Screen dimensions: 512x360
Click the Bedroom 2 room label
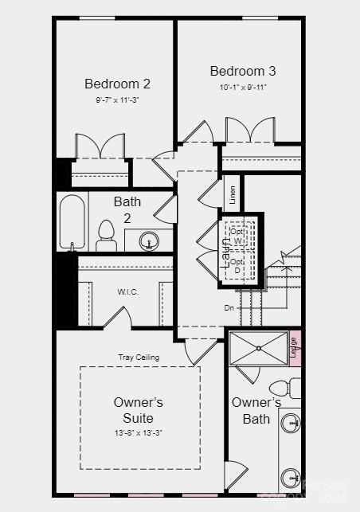click(x=117, y=84)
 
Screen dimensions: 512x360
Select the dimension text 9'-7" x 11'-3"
click(x=117, y=100)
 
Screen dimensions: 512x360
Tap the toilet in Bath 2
click(x=107, y=236)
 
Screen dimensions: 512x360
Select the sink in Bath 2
click(x=149, y=240)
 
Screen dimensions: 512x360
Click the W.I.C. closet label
click(x=128, y=291)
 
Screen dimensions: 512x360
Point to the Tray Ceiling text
click(x=139, y=358)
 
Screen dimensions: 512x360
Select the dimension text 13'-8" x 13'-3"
click(x=139, y=432)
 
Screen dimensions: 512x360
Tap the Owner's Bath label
click(x=256, y=410)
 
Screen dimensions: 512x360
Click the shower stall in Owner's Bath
click(x=258, y=347)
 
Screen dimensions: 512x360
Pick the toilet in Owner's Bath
click(x=294, y=389)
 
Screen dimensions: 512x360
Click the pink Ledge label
click(x=294, y=347)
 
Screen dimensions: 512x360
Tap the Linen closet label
click(x=233, y=194)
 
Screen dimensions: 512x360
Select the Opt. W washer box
click(x=237, y=235)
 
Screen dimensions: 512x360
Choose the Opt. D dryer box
click(x=237, y=265)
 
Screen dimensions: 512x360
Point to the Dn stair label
click(x=229, y=307)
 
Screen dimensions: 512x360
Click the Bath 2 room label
click(x=127, y=209)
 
